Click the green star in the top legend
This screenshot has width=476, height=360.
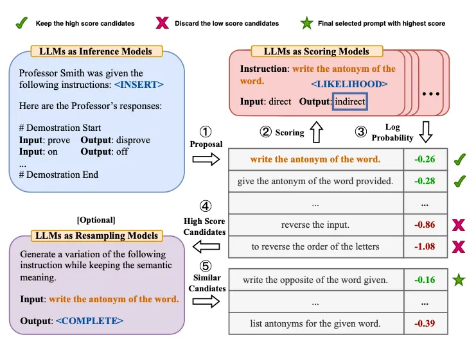(x=306, y=24)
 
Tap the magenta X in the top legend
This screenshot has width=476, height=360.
(x=163, y=24)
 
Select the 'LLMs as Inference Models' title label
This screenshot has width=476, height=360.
(x=96, y=51)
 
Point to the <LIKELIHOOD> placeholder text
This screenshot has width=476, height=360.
(x=349, y=84)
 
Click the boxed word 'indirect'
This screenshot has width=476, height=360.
(x=350, y=101)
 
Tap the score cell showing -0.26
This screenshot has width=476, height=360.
(x=425, y=159)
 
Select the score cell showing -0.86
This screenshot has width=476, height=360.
(x=425, y=225)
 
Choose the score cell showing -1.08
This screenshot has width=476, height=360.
(x=425, y=246)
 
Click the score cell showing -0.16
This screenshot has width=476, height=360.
(x=425, y=280)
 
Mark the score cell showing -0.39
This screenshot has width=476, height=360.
(x=425, y=323)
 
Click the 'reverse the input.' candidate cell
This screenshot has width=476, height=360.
(x=315, y=225)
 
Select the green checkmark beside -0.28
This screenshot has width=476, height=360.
(x=459, y=182)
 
